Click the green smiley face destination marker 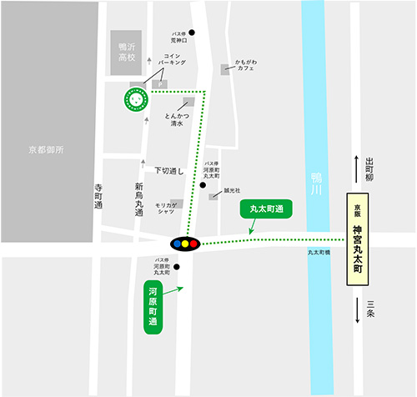click(x=134, y=98)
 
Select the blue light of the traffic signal click(x=176, y=244)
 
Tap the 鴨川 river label click(x=315, y=186)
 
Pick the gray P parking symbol click(x=163, y=83)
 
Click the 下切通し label click(x=168, y=170)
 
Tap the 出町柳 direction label click(x=370, y=173)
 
